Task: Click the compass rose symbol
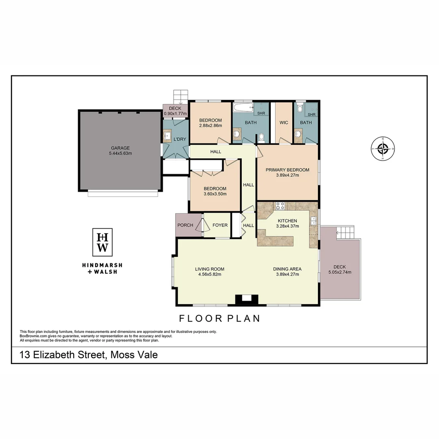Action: (x=382, y=148)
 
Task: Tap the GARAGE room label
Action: (x=120, y=148)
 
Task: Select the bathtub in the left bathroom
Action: (x=243, y=109)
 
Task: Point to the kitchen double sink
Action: (x=313, y=221)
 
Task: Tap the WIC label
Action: (x=284, y=122)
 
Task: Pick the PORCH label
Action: (x=185, y=225)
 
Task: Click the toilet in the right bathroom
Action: (x=300, y=108)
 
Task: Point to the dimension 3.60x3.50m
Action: (x=215, y=194)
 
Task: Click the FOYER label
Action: (x=220, y=225)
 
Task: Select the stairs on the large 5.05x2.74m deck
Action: (x=346, y=233)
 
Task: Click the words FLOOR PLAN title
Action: (x=219, y=318)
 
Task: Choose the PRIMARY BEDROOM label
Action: (x=287, y=170)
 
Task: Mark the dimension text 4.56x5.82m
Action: (x=209, y=274)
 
